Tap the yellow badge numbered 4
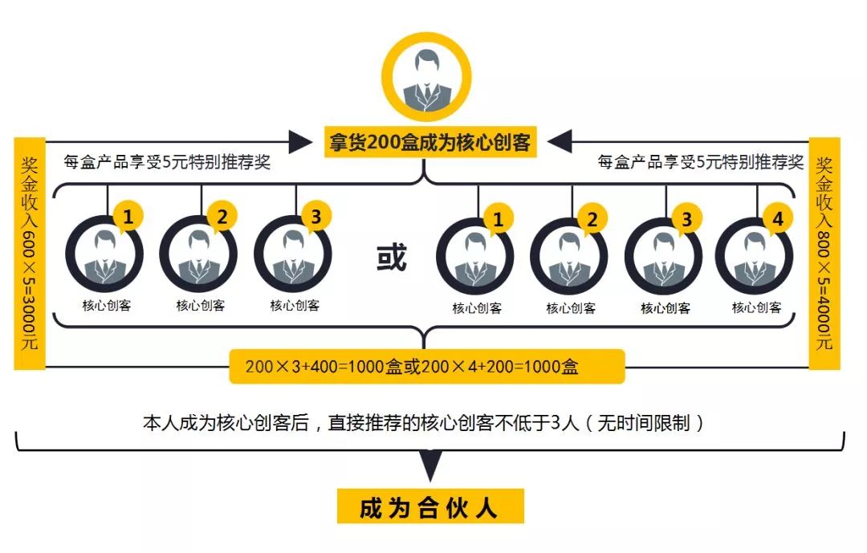point(776,218)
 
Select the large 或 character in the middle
point(393,258)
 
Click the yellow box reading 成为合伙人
point(430,508)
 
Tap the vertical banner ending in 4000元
point(824,253)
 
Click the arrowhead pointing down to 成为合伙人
point(431,464)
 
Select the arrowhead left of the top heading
point(299,143)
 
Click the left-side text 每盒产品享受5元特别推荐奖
point(167,162)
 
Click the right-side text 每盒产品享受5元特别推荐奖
point(700,162)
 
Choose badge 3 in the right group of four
point(686,219)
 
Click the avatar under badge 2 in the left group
point(199,256)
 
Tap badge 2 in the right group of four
point(592,219)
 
